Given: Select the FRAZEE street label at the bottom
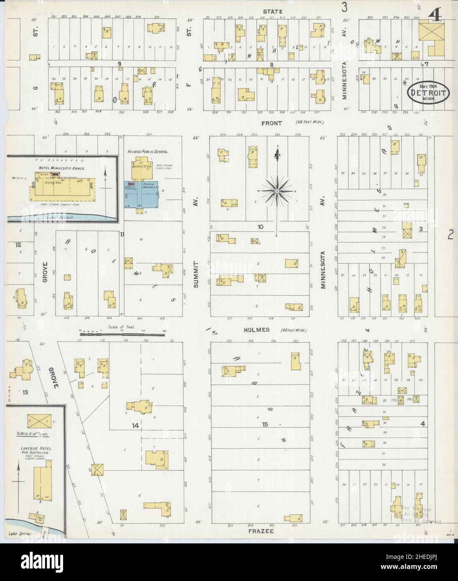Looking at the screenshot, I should (x=261, y=531).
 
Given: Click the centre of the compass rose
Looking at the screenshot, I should (x=276, y=191).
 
